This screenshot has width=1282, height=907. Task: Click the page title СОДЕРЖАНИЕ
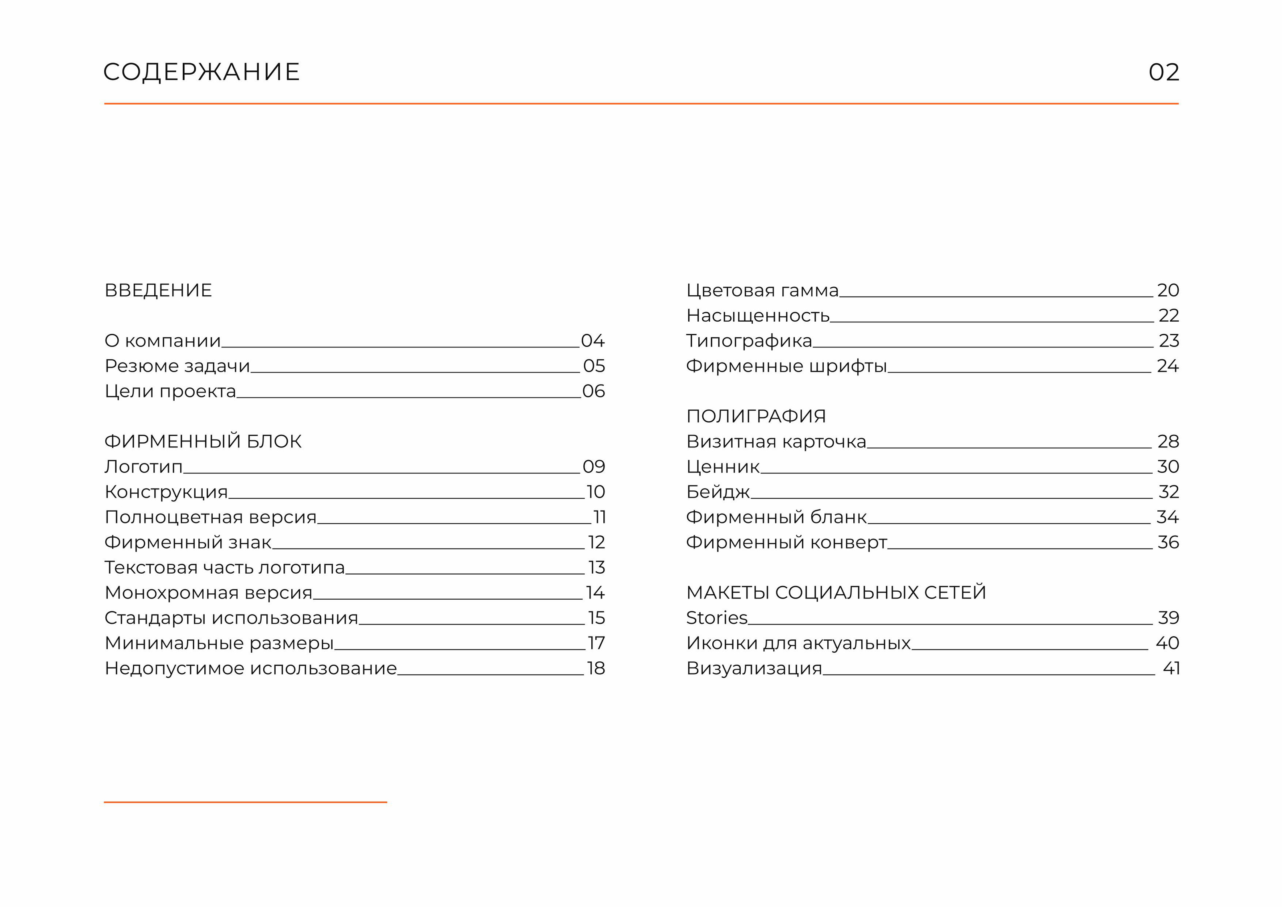(x=202, y=72)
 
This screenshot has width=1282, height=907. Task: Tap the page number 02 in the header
(x=1164, y=72)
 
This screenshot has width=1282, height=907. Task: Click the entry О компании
(x=163, y=341)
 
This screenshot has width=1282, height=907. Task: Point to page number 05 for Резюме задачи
(x=594, y=366)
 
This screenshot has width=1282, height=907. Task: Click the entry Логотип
(x=143, y=466)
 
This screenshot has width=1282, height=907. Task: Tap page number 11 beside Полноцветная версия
(x=599, y=517)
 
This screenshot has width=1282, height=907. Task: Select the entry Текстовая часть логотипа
(x=224, y=567)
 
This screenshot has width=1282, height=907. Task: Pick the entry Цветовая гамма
(x=762, y=290)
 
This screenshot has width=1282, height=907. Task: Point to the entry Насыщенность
(x=758, y=316)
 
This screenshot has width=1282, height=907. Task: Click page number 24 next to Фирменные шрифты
(x=1167, y=366)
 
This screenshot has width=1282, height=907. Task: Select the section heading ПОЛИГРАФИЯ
(x=756, y=416)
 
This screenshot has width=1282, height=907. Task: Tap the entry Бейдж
(x=718, y=492)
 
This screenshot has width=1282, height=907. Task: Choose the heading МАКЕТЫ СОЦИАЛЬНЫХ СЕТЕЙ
(x=836, y=593)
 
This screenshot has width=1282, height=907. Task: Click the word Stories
(x=716, y=618)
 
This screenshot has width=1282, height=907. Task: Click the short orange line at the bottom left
(x=245, y=802)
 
